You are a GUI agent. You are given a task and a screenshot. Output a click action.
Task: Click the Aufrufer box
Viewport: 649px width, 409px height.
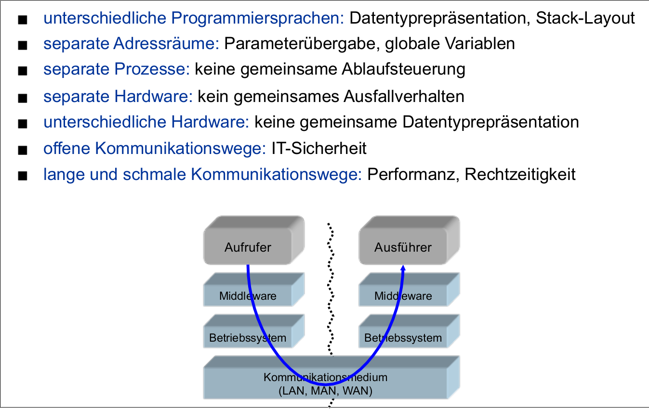pos(248,248)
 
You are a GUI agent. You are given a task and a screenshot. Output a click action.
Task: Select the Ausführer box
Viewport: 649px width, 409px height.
pos(403,248)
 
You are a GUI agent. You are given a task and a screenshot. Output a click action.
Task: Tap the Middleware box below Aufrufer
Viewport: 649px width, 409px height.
pos(248,295)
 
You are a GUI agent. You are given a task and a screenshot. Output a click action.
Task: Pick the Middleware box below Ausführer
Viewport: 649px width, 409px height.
pos(403,295)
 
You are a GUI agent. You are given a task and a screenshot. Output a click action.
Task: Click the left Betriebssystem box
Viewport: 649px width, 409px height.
pos(248,338)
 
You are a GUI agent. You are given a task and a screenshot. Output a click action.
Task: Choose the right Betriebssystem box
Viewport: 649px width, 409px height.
pos(403,338)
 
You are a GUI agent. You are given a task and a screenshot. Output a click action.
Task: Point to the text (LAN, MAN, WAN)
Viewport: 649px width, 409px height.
pos(326,391)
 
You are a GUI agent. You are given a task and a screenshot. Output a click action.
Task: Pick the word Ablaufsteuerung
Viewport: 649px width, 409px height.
pos(403,69)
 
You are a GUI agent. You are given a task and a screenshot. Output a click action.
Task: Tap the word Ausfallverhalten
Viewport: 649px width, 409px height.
pos(403,97)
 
